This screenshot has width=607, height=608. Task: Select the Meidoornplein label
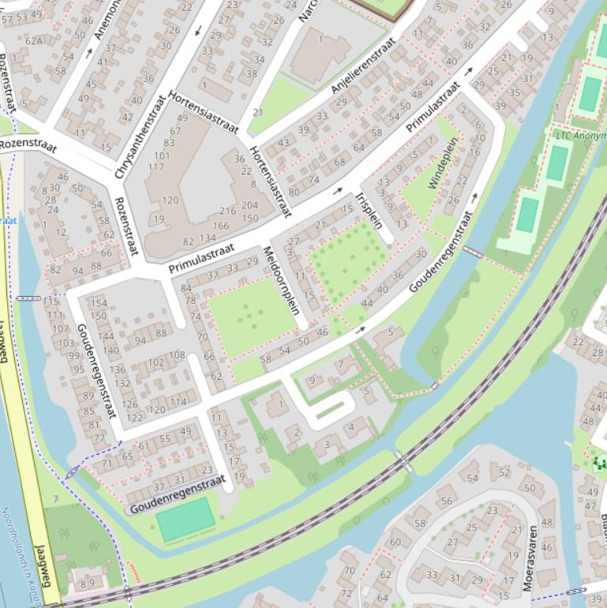(x=282, y=280)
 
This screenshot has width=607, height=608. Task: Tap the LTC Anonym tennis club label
(x=580, y=135)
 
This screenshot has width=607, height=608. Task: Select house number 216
(x=227, y=211)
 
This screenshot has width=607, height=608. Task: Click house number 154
(x=98, y=303)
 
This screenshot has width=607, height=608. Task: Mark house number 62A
(x=34, y=41)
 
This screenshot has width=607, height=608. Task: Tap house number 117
(x=156, y=167)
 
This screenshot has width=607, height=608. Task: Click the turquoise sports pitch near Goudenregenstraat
(x=184, y=520)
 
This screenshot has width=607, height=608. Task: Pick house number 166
(x=221, y=226)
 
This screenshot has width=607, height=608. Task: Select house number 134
(x=208, y=238)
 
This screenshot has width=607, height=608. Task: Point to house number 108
(x=177, y=355)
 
